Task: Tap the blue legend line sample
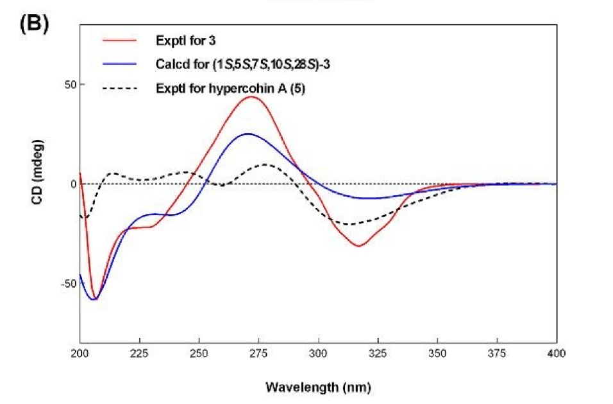click(120, 64)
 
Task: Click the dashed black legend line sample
click(120, 88)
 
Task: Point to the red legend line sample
click(120, 40)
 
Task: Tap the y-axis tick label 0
click(71, 184)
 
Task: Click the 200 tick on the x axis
click(80, 353)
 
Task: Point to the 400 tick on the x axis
click(556, 353)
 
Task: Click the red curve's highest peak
click(251, 97)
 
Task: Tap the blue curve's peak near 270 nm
click(248, 134)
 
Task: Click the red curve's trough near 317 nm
click(359, 245)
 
